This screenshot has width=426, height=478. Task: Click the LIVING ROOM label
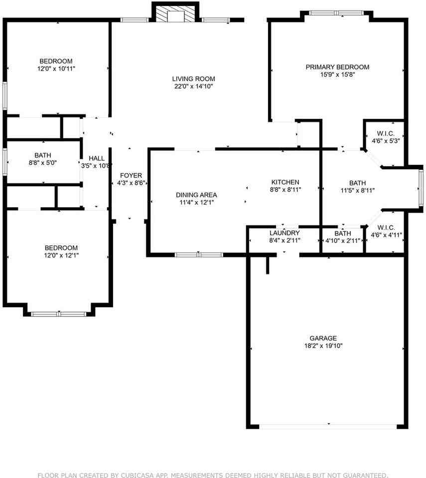coord(193,79)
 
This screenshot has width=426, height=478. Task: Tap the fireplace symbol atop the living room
coord(176,14)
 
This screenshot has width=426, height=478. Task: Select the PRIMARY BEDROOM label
coord(337,67)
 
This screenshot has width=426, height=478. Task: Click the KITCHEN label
coord(285,182)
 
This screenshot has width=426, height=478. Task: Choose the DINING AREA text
coord(196,195)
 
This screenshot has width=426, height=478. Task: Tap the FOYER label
coord(131,175)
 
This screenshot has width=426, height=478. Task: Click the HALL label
coord(97,158)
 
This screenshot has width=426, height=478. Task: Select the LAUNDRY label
coord(284,233)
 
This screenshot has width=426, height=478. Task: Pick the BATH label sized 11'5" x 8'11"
coord(357,183)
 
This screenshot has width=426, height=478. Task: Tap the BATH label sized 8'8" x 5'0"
coord(43,155)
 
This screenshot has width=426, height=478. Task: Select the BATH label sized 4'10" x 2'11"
coord(342,233)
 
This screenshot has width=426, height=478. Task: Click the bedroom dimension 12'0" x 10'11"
coord(56,69)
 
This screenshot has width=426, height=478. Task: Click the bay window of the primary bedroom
coord(337,13)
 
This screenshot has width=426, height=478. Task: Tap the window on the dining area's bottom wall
coord(199,255)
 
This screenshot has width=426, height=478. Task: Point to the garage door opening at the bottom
coord(328,427)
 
